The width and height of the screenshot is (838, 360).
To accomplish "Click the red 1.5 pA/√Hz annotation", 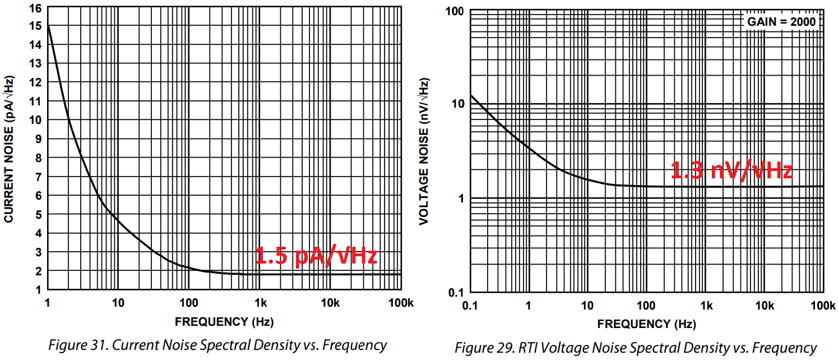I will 316,256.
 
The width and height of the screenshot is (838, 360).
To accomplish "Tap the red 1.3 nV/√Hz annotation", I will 731,170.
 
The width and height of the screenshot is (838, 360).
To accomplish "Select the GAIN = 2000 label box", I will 782,22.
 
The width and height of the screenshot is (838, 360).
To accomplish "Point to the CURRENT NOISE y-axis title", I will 10,149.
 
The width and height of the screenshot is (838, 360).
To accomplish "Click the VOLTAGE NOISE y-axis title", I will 424,152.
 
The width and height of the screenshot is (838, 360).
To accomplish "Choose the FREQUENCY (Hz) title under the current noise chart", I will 224,322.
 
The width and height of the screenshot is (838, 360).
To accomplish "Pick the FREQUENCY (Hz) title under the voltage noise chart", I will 646,324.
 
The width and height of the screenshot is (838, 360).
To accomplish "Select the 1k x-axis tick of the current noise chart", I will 260,303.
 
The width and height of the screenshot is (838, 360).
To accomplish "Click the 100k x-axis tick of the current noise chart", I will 400,303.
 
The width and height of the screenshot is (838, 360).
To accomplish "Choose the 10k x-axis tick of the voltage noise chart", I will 765,306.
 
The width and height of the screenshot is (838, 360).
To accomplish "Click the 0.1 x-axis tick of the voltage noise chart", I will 470,306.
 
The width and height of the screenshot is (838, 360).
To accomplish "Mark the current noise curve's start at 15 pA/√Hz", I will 48,26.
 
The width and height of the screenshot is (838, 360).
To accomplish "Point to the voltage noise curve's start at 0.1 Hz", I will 470,95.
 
